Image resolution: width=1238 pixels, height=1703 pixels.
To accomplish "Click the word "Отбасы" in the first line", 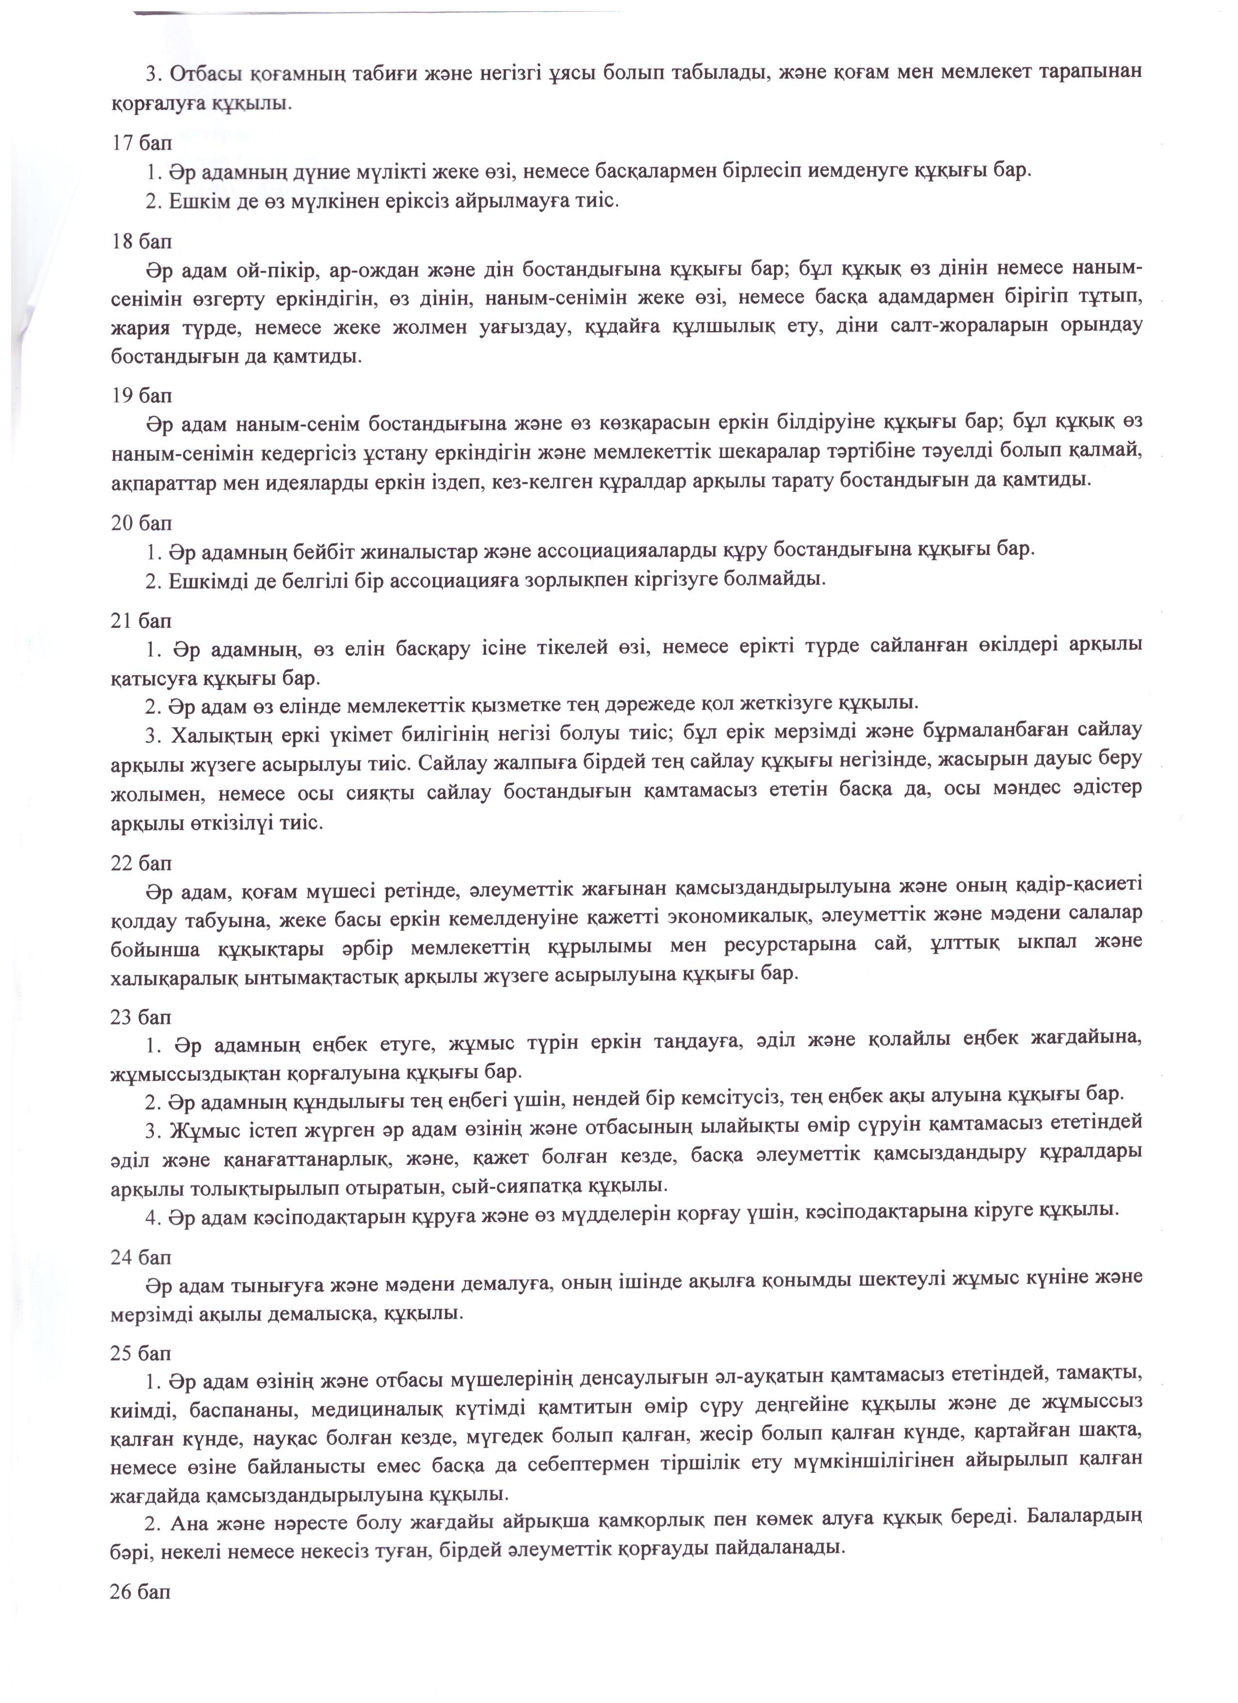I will (x=207, y=73).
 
